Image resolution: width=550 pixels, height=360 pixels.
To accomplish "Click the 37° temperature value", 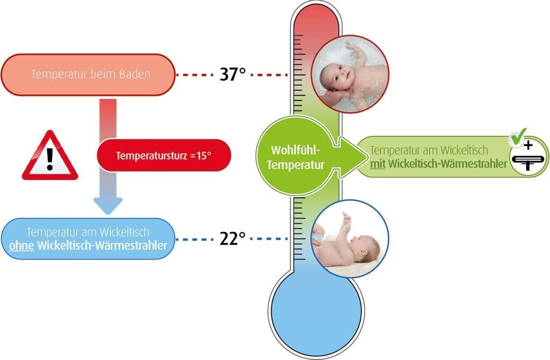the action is (x=233, y=74).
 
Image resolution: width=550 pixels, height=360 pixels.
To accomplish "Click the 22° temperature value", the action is (x=233, y=237).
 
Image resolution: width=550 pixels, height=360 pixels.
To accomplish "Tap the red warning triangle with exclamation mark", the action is (x=49, y=157).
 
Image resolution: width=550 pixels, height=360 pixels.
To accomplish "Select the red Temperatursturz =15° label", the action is (x=164, y=156).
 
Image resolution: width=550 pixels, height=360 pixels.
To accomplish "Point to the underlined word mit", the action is (x=378, y=163).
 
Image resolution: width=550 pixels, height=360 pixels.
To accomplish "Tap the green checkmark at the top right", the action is (x=519, y=136).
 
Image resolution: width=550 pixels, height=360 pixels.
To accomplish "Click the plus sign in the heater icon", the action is (x=527, y=145).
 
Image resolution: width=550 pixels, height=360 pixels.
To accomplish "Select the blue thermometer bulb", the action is (x=315, y=312).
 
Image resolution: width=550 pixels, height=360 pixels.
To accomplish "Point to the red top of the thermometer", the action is (x=315, y=21).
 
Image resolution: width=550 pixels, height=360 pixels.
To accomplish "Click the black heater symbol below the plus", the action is (x=527, y=161).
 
